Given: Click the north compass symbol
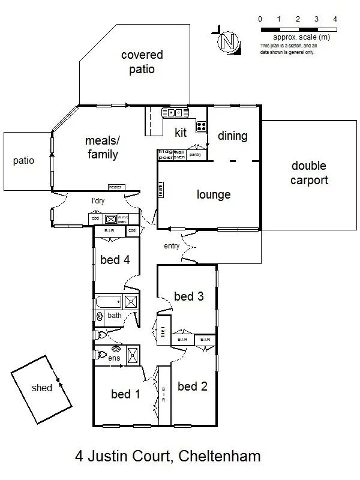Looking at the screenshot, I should pos(227,42).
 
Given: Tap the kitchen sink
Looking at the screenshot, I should pos(176,112).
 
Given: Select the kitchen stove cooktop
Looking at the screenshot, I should pos(201,127).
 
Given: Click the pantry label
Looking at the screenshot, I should pos(194,155).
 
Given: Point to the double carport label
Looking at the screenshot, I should pos(309,173).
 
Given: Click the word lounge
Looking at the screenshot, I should pos(214,195).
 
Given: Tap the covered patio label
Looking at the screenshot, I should pos(142,62).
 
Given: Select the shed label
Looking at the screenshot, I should pos(42,388).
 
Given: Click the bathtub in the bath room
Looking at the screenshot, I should pos(109,301).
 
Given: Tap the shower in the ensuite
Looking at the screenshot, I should pos(132,355).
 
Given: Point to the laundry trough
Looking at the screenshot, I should pos(111,219).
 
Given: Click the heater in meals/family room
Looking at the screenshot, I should pos(115,187).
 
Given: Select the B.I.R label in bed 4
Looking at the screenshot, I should pos(110,231).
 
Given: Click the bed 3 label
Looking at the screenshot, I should pos(188,296).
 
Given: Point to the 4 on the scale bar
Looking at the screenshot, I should pos(335,19).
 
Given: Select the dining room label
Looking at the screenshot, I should pos(232,136).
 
